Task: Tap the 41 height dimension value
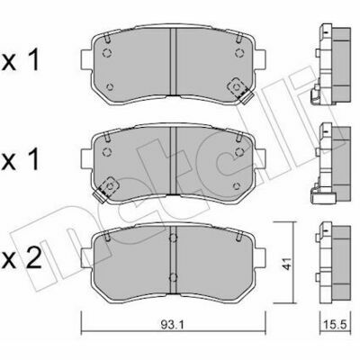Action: pos(287,263)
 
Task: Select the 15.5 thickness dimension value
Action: pos(335,324)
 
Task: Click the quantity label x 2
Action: pos(22,259)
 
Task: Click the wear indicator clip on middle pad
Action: pos(105,189)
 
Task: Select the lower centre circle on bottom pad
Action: pos(173,277)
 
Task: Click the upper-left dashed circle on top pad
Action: pos(107,53)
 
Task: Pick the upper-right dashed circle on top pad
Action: pos(239,53)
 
